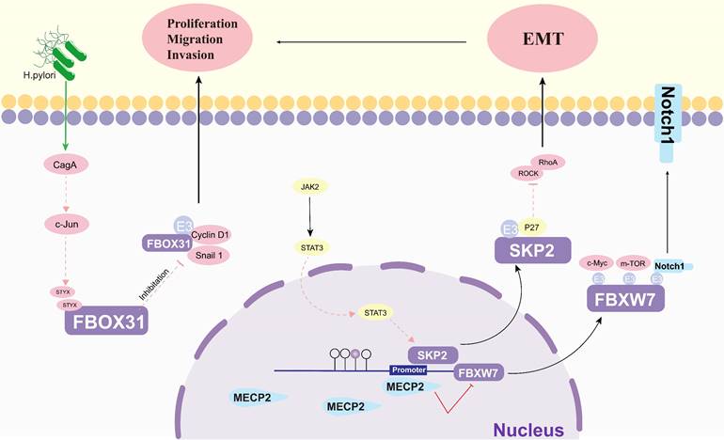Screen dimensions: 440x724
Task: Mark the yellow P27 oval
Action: (532, 227)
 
